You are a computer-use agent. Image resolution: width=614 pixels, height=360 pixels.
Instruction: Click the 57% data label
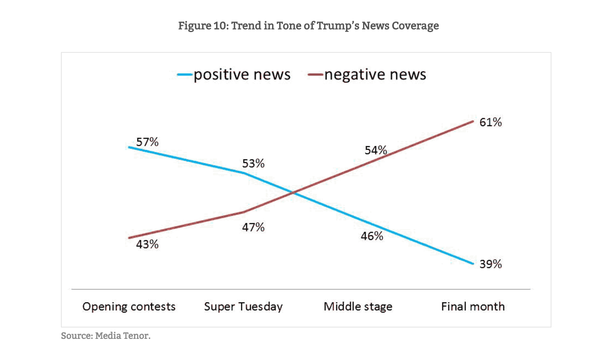coord(147,142)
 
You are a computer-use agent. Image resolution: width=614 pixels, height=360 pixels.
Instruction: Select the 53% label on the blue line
coord(253,163)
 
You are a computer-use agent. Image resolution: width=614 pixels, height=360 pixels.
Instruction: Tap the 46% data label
coord(372,236)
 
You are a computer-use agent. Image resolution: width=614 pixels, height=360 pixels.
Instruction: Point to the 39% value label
coord(491,264)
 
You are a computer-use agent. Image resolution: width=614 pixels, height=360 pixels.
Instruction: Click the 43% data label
coord(147,244)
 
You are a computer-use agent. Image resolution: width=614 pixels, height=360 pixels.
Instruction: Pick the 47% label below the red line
coord(253,227)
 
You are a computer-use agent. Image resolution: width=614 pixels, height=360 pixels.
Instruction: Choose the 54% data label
coord(376,150)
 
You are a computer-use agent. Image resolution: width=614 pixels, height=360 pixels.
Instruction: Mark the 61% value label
coord(491,122)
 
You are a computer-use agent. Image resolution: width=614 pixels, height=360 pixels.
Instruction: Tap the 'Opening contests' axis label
coord(129,306)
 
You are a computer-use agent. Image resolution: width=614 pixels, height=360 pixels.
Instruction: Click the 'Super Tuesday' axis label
coord(243,306)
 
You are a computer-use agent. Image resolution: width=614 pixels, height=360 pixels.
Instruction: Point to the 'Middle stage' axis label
coord(358,306)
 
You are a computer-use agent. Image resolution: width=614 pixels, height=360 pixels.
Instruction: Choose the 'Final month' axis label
coord(473,306)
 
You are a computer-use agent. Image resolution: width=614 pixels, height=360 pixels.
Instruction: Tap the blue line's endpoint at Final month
coord(473,264)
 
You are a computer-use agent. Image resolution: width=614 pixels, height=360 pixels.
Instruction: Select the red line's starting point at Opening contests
coord(129,238)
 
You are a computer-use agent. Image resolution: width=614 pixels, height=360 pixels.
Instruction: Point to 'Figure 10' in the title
coord(203,26)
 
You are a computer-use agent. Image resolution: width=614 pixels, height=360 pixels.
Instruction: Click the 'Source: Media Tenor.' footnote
coord(106,336)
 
